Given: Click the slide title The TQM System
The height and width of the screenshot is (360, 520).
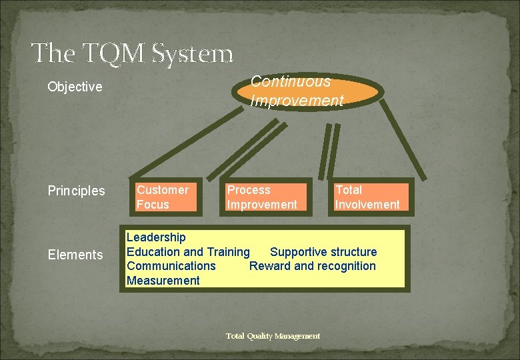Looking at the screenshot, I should point(132,53).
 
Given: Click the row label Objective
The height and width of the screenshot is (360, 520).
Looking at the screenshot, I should point(75,87).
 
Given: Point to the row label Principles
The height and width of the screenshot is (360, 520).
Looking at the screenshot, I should point(76,191).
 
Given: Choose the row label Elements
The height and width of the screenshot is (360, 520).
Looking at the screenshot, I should point(75,255).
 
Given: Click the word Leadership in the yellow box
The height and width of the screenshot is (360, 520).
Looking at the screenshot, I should point(156,237).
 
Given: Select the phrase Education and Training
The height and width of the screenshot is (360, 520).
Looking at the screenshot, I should point(188,252).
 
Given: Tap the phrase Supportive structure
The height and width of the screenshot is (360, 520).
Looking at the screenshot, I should point(323,252).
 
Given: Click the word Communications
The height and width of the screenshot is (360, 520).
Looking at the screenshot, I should point(171,266).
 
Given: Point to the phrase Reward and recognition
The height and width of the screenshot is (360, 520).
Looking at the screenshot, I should point(312,266).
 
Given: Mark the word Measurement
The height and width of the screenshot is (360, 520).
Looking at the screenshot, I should point(163,281).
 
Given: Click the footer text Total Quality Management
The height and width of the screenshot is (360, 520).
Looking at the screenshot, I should point(273,336).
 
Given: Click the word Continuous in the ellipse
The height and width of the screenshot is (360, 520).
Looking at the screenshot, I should point(290,82).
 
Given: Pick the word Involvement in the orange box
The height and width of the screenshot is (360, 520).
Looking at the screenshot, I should point(367,205).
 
